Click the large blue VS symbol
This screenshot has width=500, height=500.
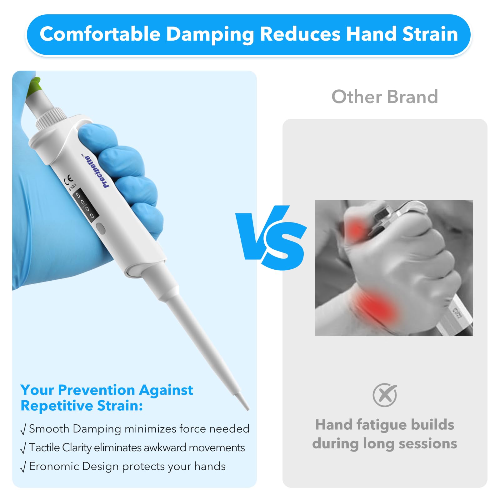[271, 237]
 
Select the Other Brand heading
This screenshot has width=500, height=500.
[385, 97]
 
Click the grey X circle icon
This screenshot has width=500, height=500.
[385, 395]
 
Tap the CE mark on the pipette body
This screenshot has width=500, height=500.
[68, 180]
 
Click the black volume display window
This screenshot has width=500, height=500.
[86, 205]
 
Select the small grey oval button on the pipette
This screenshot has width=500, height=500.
[101, 228]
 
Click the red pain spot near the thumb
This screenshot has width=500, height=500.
[356, 229]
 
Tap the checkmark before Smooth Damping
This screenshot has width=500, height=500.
[23, 429]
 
